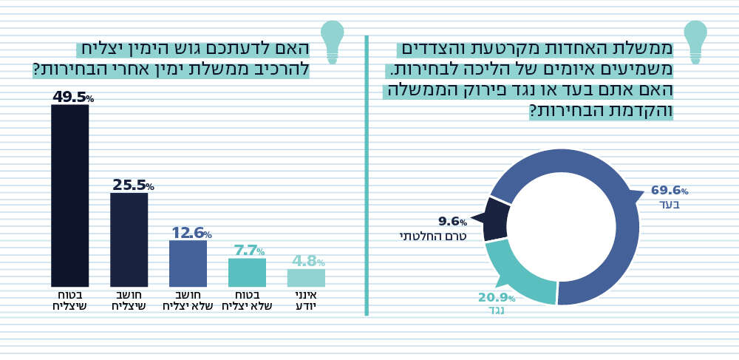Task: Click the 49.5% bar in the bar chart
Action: point(69,195)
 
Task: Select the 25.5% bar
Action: point(129,240)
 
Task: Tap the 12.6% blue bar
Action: point(188,263)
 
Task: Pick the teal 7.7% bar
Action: point(247,272)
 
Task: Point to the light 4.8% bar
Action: point(306,278)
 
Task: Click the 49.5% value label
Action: point(72,98)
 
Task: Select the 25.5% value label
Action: point(132,186)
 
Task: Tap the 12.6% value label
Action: point(191,234)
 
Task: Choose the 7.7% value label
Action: point(248,251)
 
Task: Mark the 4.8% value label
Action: point(307,262)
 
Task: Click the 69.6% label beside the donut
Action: point(669,191)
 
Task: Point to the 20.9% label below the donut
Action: point(496,298)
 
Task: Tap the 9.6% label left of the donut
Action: point(452,222)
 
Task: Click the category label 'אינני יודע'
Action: point(306,300)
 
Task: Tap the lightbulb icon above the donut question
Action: point(695,41)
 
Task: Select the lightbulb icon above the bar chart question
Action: point(332,41)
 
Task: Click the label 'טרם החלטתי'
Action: point(433,237)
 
